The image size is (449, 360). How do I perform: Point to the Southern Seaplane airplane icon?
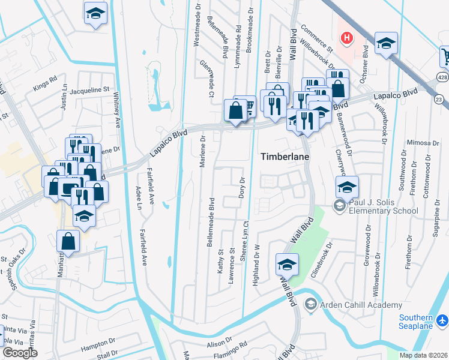[x=442, y=321]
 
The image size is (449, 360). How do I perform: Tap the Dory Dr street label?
[x=243, y=188]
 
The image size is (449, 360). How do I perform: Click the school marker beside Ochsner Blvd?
[x=386, y=43]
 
